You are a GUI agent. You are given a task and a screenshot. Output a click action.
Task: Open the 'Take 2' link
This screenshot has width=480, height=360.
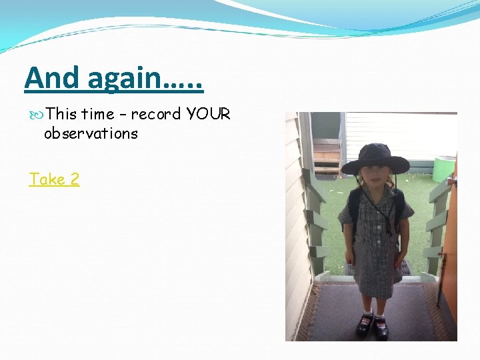pos(54,179)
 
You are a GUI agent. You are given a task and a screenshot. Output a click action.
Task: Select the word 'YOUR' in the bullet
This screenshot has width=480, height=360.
pos(209,114)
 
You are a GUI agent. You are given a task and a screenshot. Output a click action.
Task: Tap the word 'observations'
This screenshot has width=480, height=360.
pos(91,133)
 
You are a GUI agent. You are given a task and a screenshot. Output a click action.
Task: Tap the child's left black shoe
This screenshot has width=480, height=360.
pos(381,327)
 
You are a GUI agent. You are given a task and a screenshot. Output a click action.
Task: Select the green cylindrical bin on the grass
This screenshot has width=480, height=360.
pos(444,169)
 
